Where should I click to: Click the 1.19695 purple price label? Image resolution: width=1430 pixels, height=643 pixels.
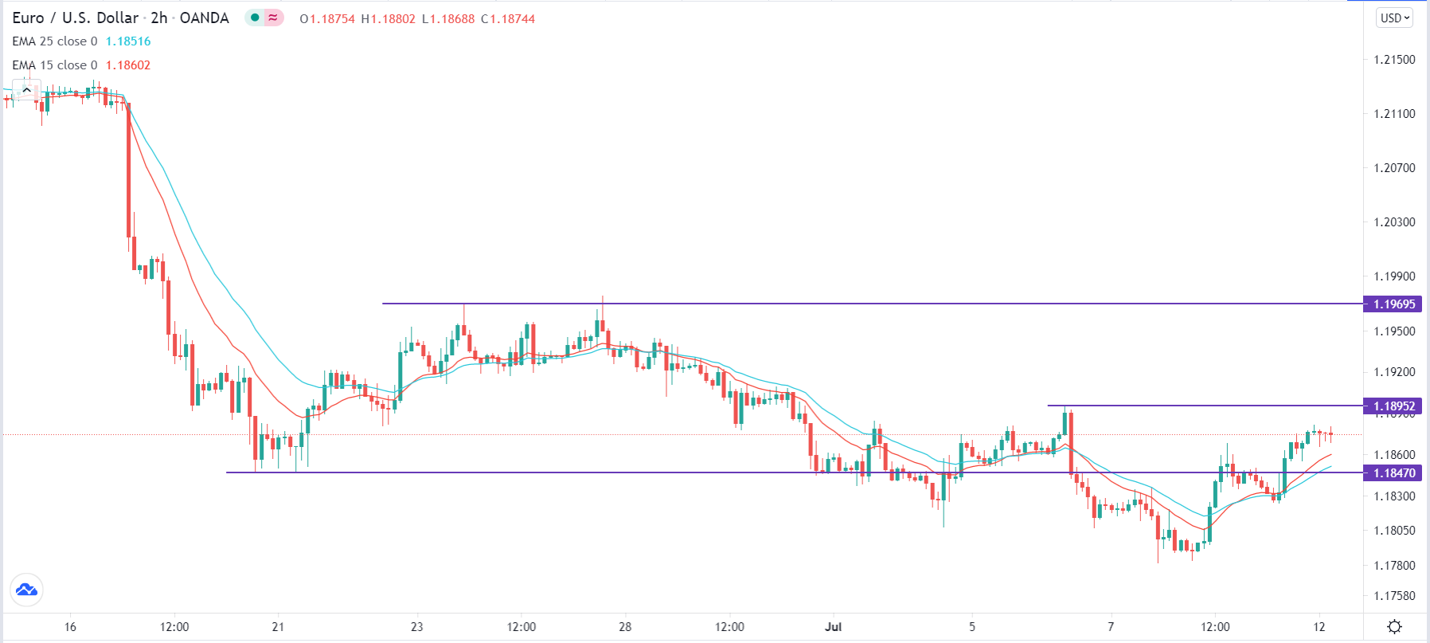1393,304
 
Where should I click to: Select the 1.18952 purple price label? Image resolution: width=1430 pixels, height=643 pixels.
1393,406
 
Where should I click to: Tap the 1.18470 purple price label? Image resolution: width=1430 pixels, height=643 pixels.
1393,472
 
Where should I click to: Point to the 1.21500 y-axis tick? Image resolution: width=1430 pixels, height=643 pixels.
1394,60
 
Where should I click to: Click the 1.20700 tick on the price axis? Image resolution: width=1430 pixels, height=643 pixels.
1394,168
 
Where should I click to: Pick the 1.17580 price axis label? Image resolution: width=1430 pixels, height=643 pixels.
1394,596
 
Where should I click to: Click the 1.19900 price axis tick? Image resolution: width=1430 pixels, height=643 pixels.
1394,276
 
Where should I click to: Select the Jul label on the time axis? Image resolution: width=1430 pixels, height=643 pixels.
833,626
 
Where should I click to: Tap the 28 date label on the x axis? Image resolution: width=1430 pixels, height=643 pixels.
625,626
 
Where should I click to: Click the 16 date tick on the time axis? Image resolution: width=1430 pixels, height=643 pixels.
70,626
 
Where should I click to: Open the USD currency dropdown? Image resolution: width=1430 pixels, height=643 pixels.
1394,18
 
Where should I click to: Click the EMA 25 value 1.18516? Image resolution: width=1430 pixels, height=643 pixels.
128,41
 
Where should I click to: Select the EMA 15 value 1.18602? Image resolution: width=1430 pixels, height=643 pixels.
128,65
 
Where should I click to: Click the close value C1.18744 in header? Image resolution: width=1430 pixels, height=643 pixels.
508,18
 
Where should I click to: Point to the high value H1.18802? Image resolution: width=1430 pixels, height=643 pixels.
388,18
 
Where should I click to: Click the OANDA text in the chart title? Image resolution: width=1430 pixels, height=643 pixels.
204,18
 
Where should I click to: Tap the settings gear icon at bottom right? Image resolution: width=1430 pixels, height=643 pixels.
1394,626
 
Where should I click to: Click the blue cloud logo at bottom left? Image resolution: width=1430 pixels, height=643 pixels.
26,590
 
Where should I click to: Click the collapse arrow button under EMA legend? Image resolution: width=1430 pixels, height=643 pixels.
26,90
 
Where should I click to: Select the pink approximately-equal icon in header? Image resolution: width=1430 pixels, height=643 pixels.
273,18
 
